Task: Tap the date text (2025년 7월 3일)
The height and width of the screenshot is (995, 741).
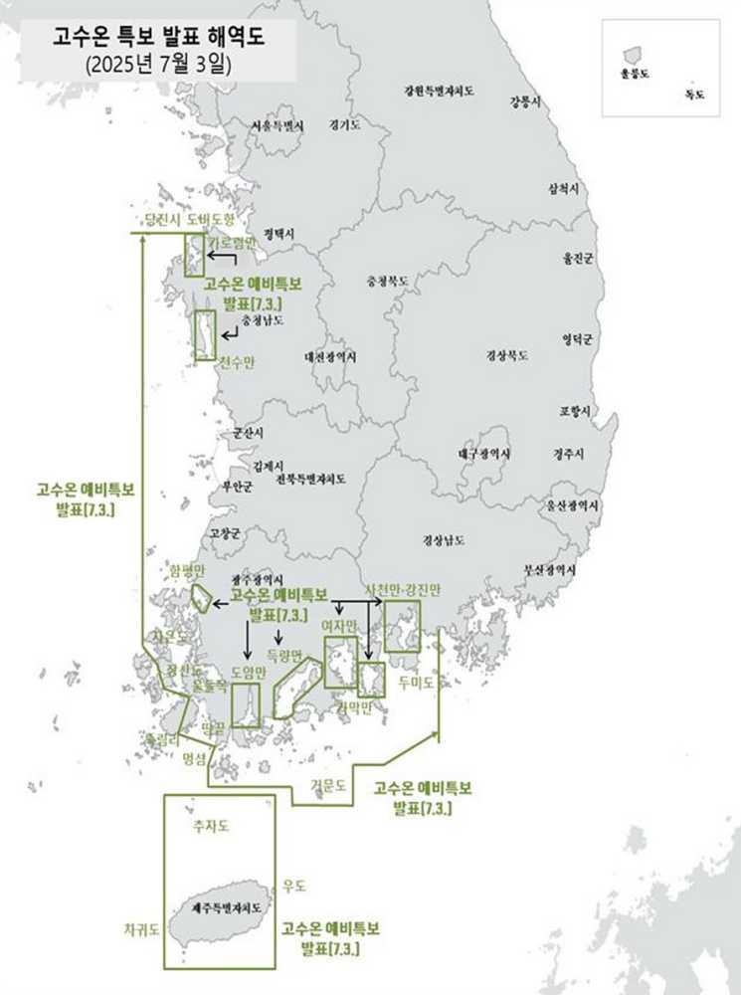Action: click(x=159, y=66)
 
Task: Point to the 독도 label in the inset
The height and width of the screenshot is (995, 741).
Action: click(x=694, y=96)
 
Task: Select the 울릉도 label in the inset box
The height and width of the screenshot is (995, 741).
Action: click(x=633, y=74)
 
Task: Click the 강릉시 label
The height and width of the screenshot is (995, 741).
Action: click(x=525, y=101)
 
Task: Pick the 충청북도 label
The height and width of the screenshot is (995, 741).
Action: click(x=387, y=282)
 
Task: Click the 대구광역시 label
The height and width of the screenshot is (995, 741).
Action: click(x=485, y=454)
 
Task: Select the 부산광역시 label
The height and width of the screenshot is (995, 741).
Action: click(x=549, y=570)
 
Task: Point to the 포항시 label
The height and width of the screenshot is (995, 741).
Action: click(x=575, y=411)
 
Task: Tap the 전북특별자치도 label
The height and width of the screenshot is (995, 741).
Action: click(x=311, y=479)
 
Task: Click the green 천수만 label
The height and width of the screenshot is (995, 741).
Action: click(x=236, y=362)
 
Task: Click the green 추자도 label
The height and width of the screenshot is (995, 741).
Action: click(x=211, y=826)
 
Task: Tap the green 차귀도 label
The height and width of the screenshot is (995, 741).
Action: click(x=141, y=928)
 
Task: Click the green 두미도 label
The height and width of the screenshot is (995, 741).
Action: click(x=416, y=683)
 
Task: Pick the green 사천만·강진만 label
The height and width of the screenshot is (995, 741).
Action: click(x=402, y=589)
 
